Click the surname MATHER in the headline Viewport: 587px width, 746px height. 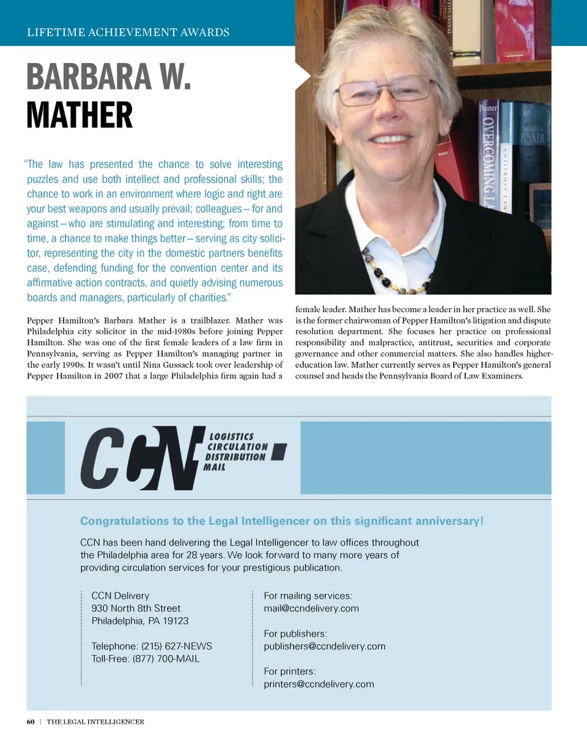(79, 115)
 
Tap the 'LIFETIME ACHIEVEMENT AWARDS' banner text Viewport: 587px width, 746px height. (128, 32)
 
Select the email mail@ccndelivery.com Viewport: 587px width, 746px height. (311, 609)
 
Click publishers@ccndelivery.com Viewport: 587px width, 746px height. (325, 646)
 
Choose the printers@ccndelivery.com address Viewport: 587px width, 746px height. (319, 684)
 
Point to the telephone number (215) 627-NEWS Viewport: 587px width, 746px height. (152, 646)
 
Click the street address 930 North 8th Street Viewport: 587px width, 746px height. (136, 609)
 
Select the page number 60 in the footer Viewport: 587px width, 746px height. (31, 722)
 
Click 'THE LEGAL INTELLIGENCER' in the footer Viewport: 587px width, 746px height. (95, 722)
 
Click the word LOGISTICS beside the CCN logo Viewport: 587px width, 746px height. (232, 437)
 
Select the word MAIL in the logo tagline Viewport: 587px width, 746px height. (215, 467)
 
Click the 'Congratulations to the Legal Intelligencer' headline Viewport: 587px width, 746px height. (282, 521)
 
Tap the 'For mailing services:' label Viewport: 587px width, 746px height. (308, 596)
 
